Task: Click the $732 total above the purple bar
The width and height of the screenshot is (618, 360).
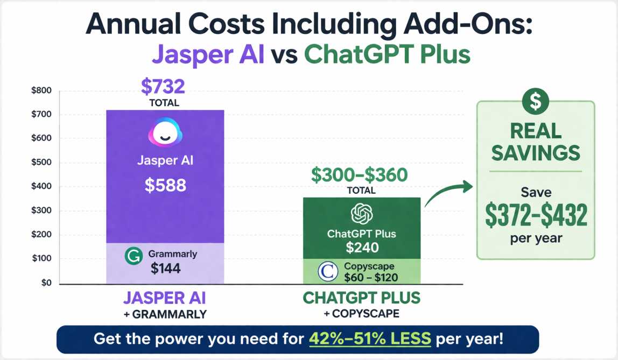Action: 163,87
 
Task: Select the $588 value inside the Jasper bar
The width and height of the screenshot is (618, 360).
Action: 165,186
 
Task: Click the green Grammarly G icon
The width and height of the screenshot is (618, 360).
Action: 132,257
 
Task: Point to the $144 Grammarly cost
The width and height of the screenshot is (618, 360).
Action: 165,269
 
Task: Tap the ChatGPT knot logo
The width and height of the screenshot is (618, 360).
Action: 362,214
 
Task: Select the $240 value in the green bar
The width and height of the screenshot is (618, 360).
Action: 362,248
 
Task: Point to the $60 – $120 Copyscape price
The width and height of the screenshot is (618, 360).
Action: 371,277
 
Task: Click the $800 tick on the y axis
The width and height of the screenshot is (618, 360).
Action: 41,90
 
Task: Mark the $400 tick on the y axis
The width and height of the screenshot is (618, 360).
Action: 41,187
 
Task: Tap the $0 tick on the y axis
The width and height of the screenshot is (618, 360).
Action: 46,283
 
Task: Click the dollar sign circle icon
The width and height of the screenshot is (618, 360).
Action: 536,101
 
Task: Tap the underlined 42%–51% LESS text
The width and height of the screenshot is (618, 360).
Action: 370,339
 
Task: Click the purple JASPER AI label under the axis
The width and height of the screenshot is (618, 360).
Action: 165,298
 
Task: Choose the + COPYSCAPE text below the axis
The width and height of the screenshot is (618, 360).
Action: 361,314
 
